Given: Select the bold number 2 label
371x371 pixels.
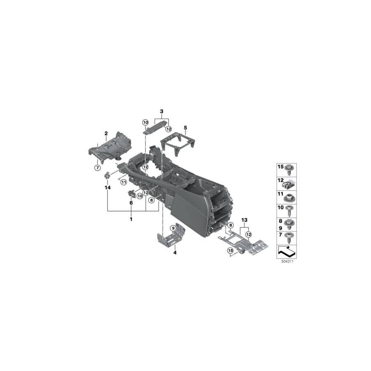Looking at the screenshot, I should (x=106, y=133).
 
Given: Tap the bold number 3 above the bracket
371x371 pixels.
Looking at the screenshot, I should (x=162, y=112).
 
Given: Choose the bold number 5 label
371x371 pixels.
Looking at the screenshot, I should (x=185, y=128).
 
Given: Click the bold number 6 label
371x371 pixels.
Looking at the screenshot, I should (x=131, y=203).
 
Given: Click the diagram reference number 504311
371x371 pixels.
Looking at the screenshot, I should (x=286, y=261).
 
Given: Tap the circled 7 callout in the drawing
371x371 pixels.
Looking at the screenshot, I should (x=97, y=168).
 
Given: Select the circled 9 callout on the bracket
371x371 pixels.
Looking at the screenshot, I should (x=173, y=228).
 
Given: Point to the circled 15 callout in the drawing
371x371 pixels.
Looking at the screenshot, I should (x=230, y=251).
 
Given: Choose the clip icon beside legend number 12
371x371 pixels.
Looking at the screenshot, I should (x=291, y=181).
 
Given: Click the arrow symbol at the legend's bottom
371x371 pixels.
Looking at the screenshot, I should (x=286, y=250).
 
